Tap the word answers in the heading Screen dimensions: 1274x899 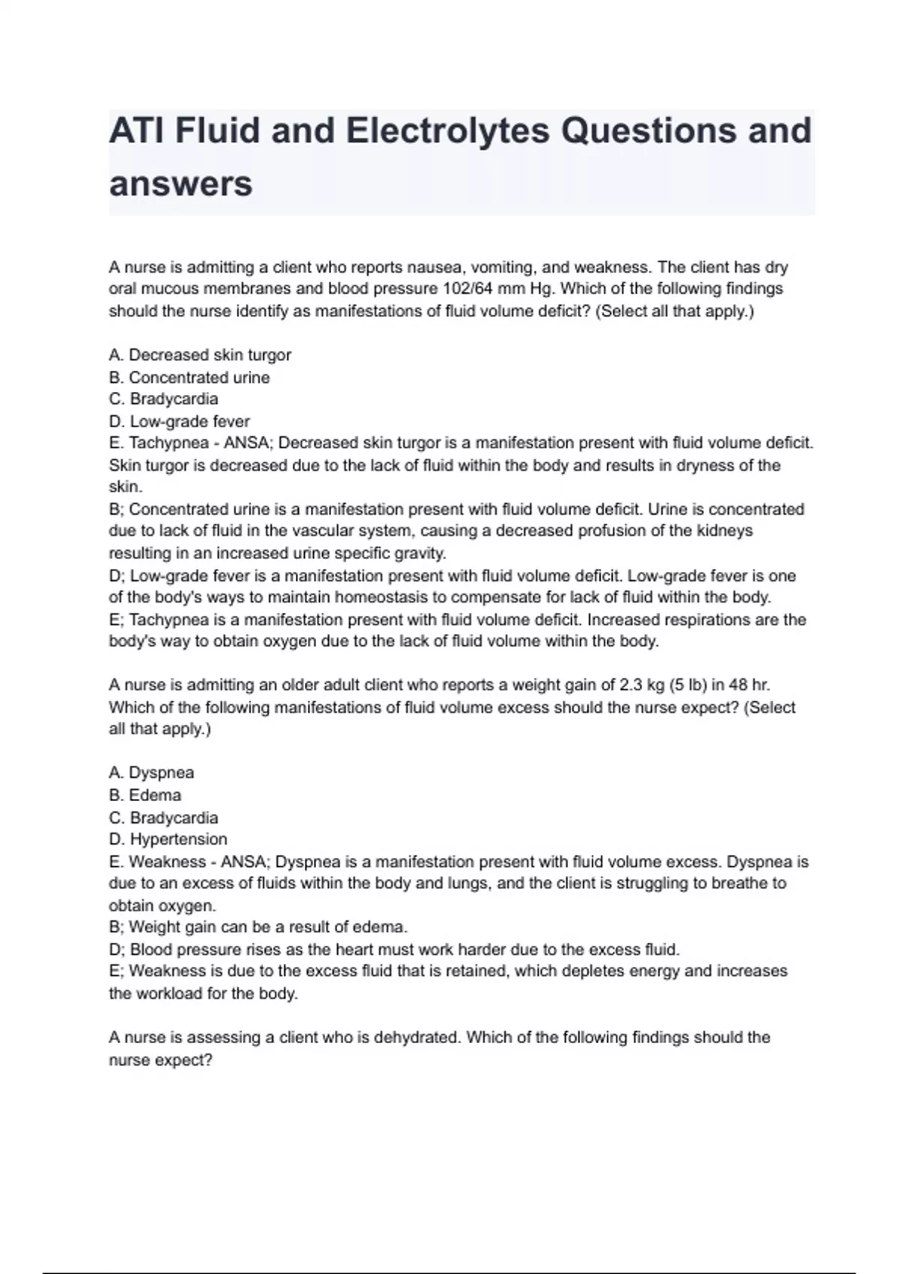181,184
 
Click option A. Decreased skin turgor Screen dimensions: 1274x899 200,354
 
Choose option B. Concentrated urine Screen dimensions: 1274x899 190,377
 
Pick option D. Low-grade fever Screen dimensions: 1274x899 180,421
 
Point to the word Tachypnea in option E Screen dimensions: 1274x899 169,443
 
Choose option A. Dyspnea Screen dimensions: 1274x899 151,773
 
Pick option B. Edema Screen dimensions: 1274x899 145,795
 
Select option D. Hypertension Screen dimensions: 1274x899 169,839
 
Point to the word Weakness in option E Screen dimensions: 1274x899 168,862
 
